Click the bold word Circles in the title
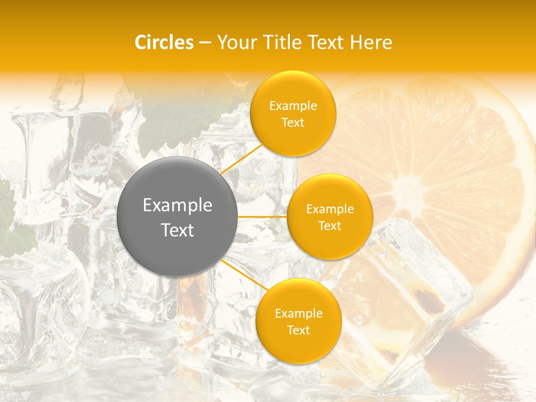(164, 42)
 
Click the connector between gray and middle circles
(262, 217)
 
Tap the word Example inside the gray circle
(177, 205)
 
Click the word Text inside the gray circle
(177, 230)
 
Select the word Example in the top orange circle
(293, 106)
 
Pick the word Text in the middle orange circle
(330, 226)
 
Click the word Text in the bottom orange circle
(298, 330)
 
